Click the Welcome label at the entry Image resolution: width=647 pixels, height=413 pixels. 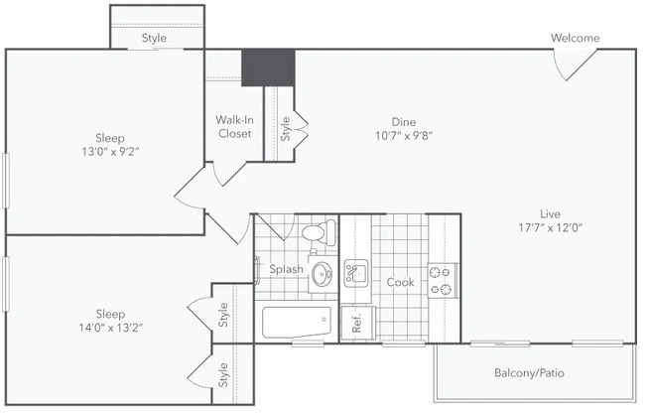tap(575, 38)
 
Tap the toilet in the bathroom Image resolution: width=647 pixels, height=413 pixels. tap(319, 231)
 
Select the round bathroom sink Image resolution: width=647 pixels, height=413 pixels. tap(322, 274)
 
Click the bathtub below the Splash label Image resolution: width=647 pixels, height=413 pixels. tap(297, 322)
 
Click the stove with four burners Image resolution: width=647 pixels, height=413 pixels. tap(443, 280)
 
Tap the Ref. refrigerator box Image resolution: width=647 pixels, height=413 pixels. tap(358, 323)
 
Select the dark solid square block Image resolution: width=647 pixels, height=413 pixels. tap(268, 68)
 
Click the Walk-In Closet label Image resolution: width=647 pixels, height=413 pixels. tap(234, 127)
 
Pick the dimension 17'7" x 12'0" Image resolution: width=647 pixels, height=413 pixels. tap(550, 227)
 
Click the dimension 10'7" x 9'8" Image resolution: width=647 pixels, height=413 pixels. tap(404, 135)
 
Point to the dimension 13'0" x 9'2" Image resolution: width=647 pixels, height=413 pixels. tap(110, 152)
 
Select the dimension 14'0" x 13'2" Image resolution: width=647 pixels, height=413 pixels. tap(110, 328)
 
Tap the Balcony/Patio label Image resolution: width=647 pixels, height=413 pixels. tap(529, 373)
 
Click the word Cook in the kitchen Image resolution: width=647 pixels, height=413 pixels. tap(400, 282)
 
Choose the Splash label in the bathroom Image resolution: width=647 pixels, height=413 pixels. tap(287, 269)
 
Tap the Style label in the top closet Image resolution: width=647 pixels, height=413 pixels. tap(155, 38)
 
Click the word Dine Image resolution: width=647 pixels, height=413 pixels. tap(404, 122)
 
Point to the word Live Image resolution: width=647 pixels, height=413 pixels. tap(551, 213)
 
